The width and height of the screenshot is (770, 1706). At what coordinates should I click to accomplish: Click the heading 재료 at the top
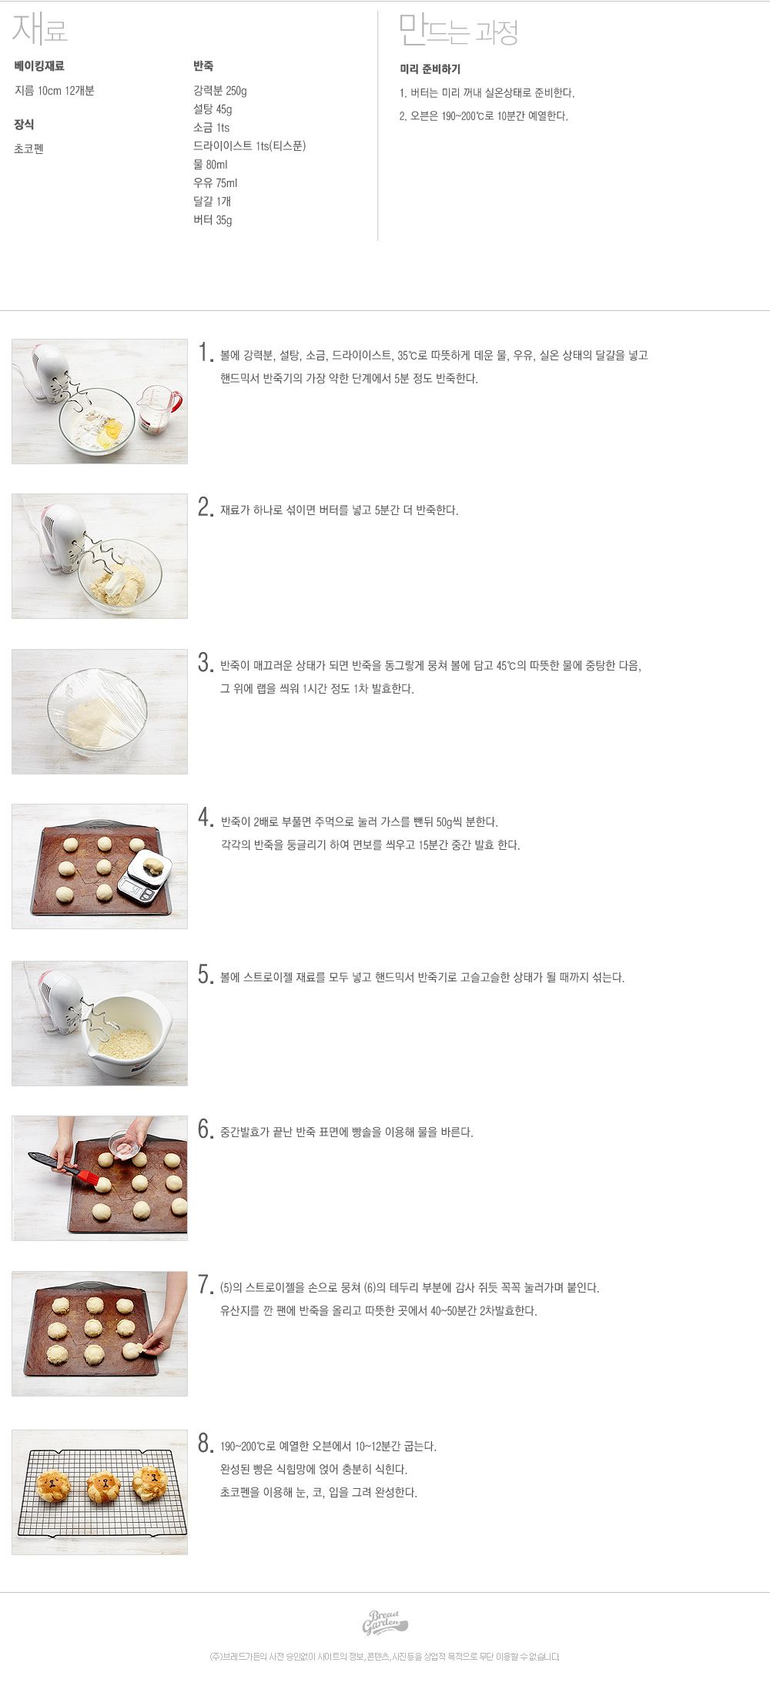[x=40, y=29]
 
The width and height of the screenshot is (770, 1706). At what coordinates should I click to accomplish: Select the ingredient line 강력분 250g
[x=220, y=91]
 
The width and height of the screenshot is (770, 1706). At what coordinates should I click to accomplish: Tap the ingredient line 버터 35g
[x=213, y=220]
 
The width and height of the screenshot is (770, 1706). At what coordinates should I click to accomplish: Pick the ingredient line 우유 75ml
[x=216, y=183]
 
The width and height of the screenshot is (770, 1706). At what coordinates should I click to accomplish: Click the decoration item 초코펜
[x=28, y=149]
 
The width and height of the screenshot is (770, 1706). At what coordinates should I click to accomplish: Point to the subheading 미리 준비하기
[x=430, y=69]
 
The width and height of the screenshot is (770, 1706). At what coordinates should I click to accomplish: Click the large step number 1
[x=205, y=353]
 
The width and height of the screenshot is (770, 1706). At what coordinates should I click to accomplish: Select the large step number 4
[x=205, y=818]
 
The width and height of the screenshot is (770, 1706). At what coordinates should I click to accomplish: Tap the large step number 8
[x=205, y=1443]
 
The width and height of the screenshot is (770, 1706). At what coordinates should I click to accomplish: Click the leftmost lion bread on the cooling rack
[x=54, y=1485]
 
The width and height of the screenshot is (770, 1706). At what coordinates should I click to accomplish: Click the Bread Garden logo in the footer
[x=385, y=1622]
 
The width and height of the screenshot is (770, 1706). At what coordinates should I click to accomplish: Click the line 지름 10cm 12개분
[x=55, y=91]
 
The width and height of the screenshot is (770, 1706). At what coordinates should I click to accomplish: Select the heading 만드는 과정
[x=458, y=31]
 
